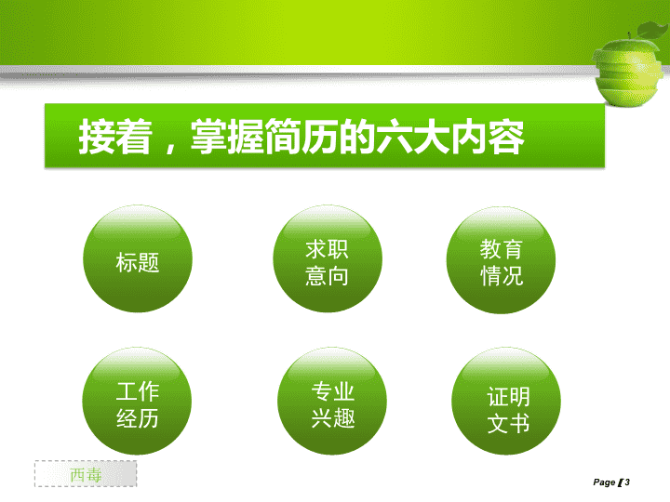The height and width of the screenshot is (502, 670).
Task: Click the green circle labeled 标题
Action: [138, 258]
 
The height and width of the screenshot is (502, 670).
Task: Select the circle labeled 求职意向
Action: [328, 258]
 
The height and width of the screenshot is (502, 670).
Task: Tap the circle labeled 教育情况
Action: [501, 260]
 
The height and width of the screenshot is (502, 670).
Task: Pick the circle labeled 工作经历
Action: [137, 401]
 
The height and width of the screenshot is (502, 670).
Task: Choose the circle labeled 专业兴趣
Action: [332, 401]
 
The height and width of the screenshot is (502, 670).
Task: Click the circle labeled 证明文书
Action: [506, 401]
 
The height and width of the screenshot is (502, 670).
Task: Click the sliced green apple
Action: [627, 71]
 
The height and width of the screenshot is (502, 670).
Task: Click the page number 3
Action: [627, 482]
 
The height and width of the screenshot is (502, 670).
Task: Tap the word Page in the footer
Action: [604, 482]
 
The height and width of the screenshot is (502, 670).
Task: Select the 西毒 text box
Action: [86, 473]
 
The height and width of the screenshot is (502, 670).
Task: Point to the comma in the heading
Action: [171, 146]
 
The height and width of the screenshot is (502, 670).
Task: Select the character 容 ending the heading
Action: [506, 137]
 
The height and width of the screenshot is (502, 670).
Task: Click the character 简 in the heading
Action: [283, 137]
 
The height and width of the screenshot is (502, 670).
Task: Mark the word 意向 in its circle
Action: [327, 276]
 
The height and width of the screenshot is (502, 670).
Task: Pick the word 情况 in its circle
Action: [502, 276]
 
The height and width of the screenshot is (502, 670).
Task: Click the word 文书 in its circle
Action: [508, 423]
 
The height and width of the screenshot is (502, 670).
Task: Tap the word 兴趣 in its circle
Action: [333, 417]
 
